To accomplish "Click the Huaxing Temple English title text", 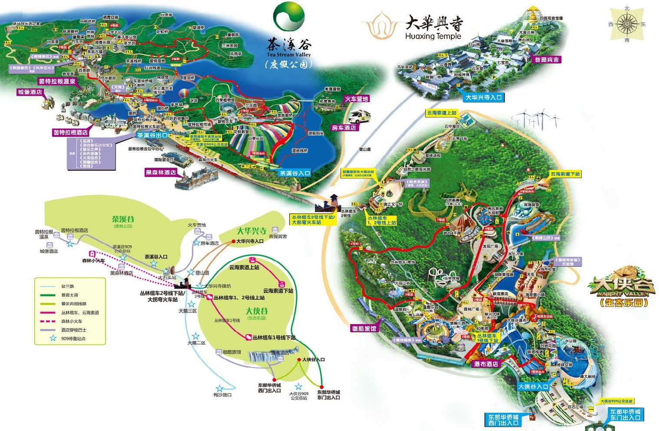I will (433, 36).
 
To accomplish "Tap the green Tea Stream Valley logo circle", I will (288, 17).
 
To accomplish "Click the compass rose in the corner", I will (627, 24).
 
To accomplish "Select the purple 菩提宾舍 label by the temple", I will (547, 60).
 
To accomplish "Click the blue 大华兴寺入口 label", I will (483, 97).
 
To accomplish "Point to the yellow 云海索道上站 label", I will (441, 113).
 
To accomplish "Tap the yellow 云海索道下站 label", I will (565, 174).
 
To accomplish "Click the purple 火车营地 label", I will (356, 99).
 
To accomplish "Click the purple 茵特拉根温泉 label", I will (57, 81).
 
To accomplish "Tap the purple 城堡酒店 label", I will (30, 92).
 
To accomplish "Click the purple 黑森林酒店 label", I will (161, 172).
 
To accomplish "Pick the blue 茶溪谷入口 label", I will (295, 173).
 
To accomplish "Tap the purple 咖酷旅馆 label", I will (364, 328).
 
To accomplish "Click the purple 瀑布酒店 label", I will (486, 364).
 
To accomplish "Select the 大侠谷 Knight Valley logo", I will (621, 289).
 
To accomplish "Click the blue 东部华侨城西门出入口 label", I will (503, 420).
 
